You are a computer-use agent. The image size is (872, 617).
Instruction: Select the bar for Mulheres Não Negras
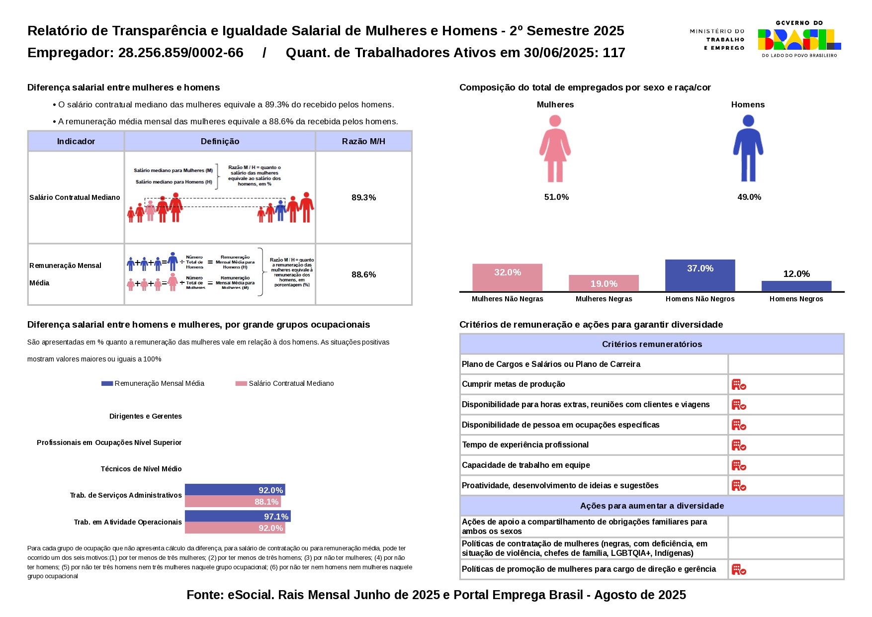[507, 277]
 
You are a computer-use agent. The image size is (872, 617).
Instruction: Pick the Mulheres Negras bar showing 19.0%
[604, 283]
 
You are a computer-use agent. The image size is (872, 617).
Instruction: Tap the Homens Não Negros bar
[700, 275]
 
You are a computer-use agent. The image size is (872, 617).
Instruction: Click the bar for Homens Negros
[796, 286]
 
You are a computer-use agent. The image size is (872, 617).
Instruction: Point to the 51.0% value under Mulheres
[556, 197]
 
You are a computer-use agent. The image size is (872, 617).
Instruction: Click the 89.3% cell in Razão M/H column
[363, 197]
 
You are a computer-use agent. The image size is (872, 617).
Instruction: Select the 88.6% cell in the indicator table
[363, 274]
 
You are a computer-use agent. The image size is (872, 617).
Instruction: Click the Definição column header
[220, 141]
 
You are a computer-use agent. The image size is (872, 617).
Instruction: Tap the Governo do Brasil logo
[799, 39]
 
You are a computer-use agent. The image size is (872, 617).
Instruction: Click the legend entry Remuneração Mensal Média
[153, 383]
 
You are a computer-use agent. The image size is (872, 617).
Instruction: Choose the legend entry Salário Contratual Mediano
[285, 383]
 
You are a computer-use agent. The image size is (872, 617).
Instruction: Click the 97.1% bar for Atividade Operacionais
[238, 516]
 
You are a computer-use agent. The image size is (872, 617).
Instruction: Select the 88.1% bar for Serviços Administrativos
[233, 502]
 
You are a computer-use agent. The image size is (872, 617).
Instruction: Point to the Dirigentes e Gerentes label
[146, 416]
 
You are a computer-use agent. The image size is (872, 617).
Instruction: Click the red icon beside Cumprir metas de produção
[739, 384]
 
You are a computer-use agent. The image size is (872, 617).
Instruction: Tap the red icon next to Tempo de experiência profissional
[739, 445]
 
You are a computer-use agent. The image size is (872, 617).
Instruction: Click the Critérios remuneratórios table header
[652, 344]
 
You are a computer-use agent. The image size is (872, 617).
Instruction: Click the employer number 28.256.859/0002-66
[181, 53]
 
